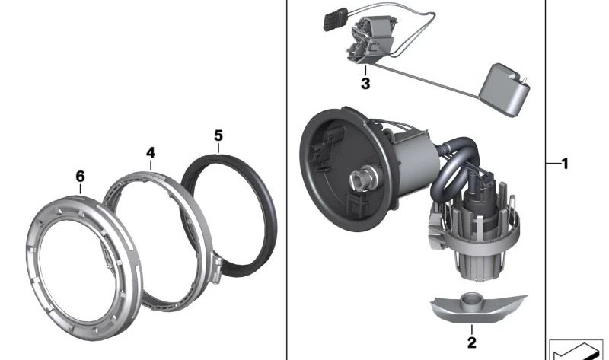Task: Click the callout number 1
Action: (565, 164)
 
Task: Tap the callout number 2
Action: (471, 342)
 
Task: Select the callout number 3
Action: (365, 84)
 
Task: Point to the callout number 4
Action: (151, 153)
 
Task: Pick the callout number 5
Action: (218, 136)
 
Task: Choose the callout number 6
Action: (80, 177)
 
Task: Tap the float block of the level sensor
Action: (504, 90)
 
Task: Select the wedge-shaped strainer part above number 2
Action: (479, 309)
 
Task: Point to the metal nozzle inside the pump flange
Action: (362, 180)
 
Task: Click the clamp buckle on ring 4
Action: (216, 269)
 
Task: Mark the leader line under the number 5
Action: (218, 148)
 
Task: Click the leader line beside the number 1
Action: (553, 164)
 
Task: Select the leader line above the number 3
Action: (365, 71)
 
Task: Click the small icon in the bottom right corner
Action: (579, 349)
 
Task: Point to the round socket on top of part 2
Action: (472, 299)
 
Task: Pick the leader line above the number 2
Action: (472, 330)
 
